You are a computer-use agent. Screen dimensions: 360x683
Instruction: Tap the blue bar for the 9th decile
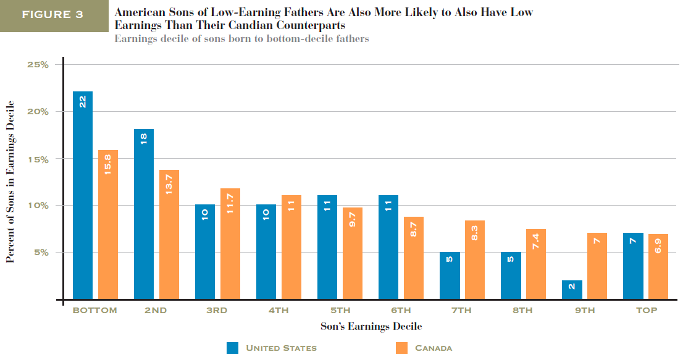tap(572, 290)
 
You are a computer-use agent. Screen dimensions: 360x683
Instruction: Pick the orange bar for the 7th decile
tap(474, 259)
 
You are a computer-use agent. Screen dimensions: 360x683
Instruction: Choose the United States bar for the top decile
tap(633, 266)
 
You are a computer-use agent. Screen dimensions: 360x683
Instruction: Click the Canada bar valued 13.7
tap(169, 234)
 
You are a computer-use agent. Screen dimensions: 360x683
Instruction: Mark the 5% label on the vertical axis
tap(40, 252)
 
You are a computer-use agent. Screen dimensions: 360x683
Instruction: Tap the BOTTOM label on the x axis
tap(94, 311)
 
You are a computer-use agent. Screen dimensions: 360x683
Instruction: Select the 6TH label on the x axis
tap(401, 311)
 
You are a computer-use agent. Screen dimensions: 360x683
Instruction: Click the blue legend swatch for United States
tap(232, 348)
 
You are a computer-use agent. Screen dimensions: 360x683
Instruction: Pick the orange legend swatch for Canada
tap(401, 348)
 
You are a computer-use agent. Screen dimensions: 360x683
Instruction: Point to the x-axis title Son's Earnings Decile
tap(371, 326)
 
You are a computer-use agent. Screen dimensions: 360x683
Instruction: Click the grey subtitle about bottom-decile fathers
tap(241, 38)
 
